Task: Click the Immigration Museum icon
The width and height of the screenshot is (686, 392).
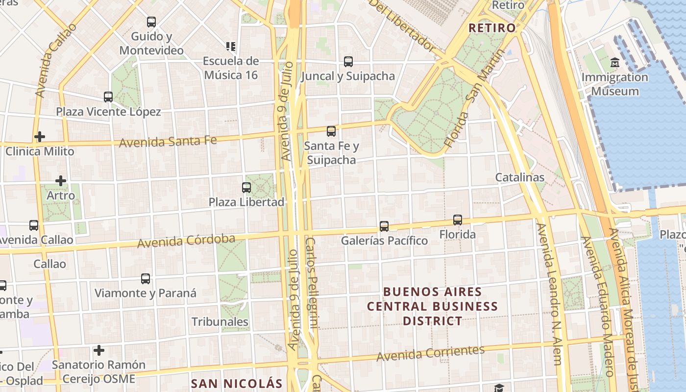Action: click(x=615, y=63)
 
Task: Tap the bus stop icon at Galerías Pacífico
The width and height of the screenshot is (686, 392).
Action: click(x=384, y=226)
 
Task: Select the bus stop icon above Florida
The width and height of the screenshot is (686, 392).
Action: click(x=457, y=220)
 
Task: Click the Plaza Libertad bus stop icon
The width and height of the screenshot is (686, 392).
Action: click(x=246, y=187)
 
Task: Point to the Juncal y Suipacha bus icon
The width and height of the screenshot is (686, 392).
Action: click(x=348, y=62)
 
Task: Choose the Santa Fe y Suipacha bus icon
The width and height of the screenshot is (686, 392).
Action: click(x=331, y=131)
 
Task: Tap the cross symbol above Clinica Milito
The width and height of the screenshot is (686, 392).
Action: click(x=40, y=136)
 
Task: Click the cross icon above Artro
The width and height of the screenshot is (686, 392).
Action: click(x=61, y=181)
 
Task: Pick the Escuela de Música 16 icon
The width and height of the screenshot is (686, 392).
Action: click(x=231, y=47)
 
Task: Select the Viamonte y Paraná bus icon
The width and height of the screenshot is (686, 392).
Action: click(x=146, y=279)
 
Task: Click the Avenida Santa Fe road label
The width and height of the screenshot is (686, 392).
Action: click(x=168, y=142)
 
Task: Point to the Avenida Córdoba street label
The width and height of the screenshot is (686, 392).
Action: click(x=186, y=241)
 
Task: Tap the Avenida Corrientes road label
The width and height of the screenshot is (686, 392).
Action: click(x=431, y=352)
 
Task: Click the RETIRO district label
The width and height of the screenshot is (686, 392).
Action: click(x=492, y=28)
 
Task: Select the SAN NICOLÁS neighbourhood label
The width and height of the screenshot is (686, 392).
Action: click(x=237, y=383)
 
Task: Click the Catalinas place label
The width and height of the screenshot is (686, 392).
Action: click(x=520, y=177)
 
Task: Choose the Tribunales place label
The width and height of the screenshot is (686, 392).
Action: click(x=220, y=322)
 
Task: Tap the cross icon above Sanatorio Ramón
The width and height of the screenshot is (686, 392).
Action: click(x=99, y=350)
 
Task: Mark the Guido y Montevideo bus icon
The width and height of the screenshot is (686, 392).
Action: click(x=151, y=22)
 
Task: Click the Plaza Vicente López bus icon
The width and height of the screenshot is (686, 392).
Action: click(x=108, y=97)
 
